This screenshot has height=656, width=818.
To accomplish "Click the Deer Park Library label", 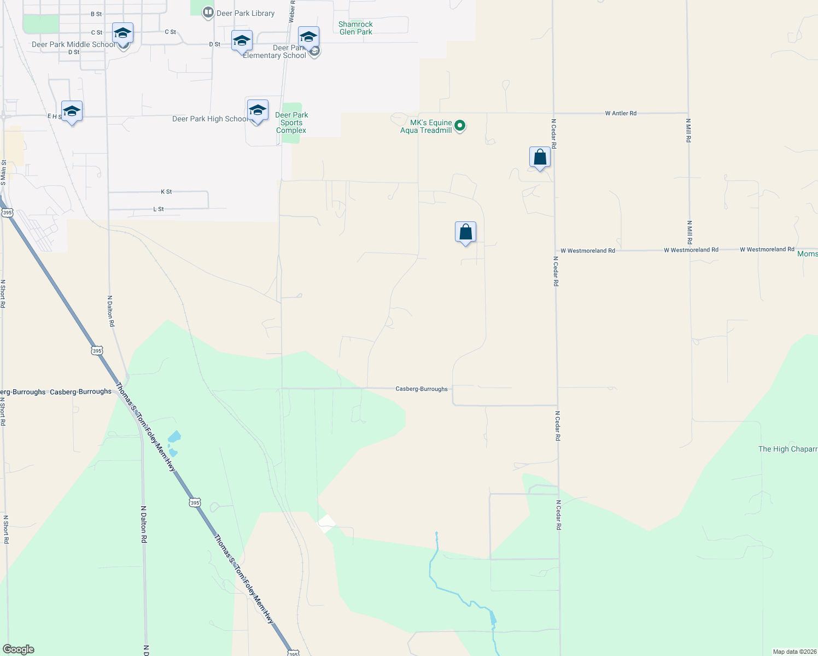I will coord(246,13).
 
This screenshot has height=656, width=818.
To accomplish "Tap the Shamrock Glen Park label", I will coord(355,28).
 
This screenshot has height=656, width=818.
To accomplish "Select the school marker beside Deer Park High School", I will coord(258,111).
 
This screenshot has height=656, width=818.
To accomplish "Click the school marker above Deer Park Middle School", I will coord(122,34).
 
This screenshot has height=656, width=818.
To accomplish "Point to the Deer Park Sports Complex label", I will coord(291,122).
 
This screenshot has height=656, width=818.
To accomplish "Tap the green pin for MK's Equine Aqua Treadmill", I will coord(460,126).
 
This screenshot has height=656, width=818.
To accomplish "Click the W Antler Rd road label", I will coord(621,113).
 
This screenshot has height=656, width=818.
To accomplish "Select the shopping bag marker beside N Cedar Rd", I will coord(540,158).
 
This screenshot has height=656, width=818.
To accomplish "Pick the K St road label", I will coord(166,192).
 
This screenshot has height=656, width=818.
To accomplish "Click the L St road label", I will coord(159,209).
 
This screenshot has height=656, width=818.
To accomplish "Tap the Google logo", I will coord(19,649).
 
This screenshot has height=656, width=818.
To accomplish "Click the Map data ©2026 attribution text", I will coord(794,652).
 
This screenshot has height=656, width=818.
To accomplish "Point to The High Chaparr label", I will coord(787,449).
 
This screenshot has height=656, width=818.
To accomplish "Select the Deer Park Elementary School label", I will coord(274,52).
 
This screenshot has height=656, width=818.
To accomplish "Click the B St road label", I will coord(96,14).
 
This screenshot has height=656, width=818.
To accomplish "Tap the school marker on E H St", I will coord(72,112).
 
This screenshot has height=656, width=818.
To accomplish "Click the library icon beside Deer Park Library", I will coord(208,13).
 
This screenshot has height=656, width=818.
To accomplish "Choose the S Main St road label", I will coord(3,173).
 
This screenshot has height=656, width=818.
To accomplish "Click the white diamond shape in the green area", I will coord(326,523).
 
